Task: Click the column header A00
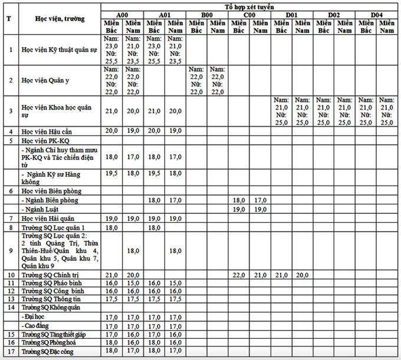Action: click(x=122, y=14)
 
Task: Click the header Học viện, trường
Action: click(x=60, y=19)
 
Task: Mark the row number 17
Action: click(x=9, y=351)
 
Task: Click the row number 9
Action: click(x=9, y=251)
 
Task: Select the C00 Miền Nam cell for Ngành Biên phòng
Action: click(x=260, y=200)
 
